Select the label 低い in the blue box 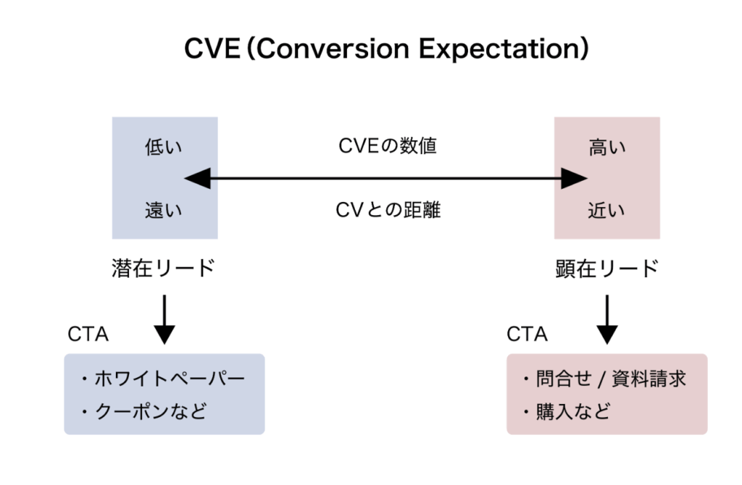pyautogui.click(x=164, y=148)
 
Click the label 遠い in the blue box pyautogui.click(x=164, y=211)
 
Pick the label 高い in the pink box pyautogui.click(x=607, y=148)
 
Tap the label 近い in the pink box pyautogui.click(x=607, y=211)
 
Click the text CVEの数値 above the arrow pyautogui.click(x=388, y=146)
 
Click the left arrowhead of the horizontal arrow pyautogui.click(x=196, y=178)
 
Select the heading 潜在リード pyautogui.click(x=164, y=268)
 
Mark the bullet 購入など pyautogui.click(x=568, y=411)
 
